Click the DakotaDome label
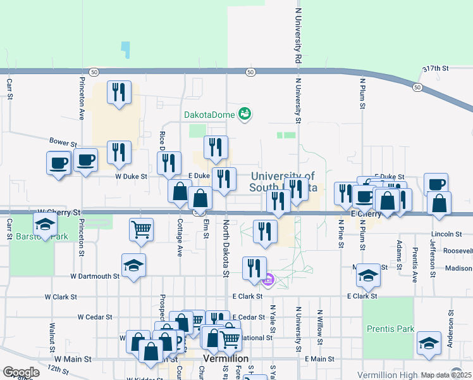pos(209,115)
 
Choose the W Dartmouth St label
pos(95,276)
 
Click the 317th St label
pos(435,68)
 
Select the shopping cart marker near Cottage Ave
pos(141,229)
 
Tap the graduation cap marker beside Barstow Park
pos(45,224)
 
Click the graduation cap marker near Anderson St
pos(429,344)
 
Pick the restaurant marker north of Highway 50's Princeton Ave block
pos(119,92)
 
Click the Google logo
pos(21,372)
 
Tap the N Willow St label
pos(320,327)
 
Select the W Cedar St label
pos(95,317)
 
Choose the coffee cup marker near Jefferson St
pos(436,184)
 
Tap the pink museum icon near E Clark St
pos(268,279)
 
